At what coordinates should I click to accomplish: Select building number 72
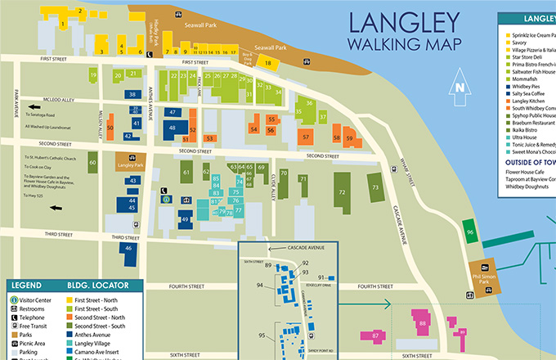[341, 192]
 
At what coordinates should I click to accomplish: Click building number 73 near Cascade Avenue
[375, 187]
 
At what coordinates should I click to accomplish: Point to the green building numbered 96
[469, 232]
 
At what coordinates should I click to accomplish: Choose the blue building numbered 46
[128, 249]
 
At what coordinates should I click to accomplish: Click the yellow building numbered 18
[267, 61]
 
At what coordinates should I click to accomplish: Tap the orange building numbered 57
[306, 137]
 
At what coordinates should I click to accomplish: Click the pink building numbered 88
[423, 325]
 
